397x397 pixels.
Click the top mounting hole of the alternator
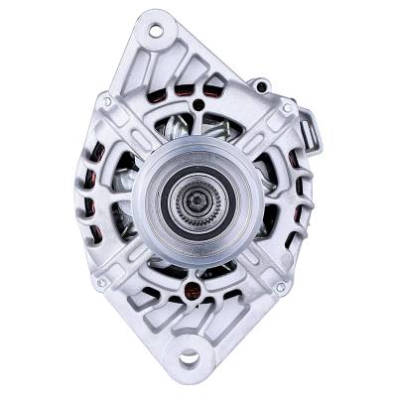(x=156, y=31)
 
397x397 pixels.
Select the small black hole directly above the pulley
(x=199, y=104)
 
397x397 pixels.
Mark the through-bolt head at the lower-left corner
(x=100, y=287)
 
